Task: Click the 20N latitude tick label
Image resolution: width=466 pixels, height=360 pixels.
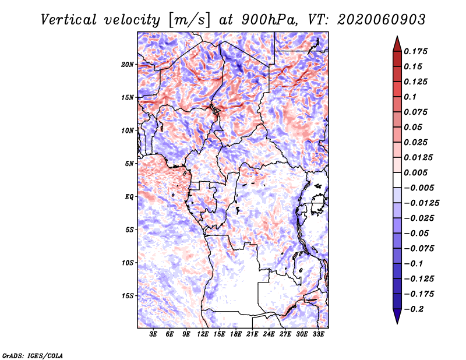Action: [x=128, y=64]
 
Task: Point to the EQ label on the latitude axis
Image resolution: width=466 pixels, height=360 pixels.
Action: [x=129, y=197]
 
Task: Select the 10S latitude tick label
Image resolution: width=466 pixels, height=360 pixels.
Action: [x=128, y=263]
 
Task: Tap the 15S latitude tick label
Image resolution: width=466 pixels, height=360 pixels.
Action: [x=128, y=296]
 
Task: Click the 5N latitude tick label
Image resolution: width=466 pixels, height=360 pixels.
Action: [x=129, y=164]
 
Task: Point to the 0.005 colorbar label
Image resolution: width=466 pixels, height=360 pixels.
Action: [x=417, y=173]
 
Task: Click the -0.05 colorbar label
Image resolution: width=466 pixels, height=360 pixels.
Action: [x=417, y=234]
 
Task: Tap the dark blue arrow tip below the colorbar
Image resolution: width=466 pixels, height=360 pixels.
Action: [x=397, y=319]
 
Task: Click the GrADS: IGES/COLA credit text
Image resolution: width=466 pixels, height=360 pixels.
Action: [x=32, y=355]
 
